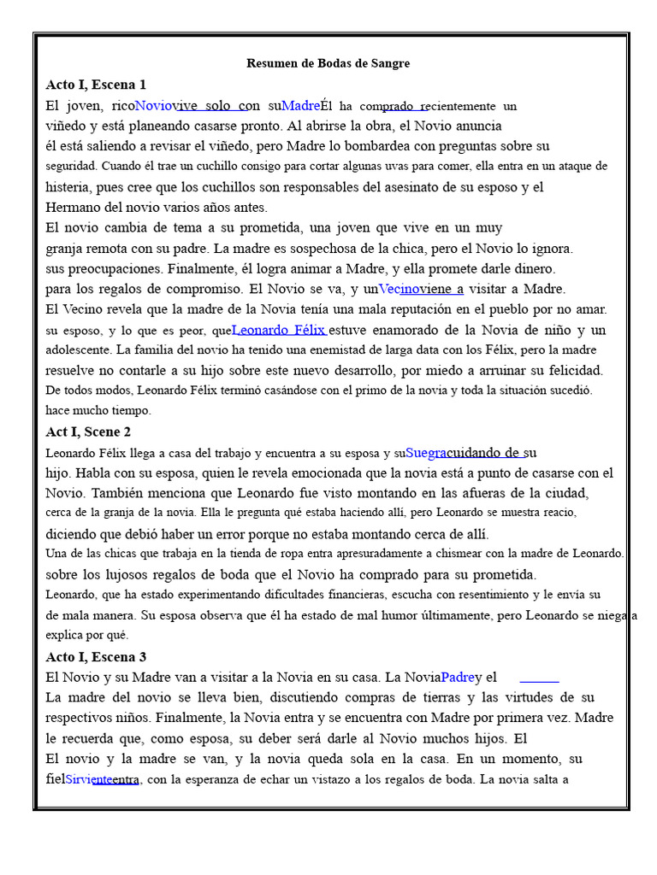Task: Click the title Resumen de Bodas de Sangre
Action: [x=328, y=63]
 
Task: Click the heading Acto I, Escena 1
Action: [x=96, y=85]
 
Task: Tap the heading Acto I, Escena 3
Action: [x=96, y=656]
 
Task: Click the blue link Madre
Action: [x=300, y=106]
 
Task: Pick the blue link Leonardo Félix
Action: [x=280, y=330]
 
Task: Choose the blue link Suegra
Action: [x=426, y=452]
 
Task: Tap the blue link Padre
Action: [x=458, y=677]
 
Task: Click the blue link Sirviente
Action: [x=89, y=779]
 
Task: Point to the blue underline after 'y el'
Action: [x=539, y=681]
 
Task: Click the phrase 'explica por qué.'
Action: [x=86, y=635]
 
